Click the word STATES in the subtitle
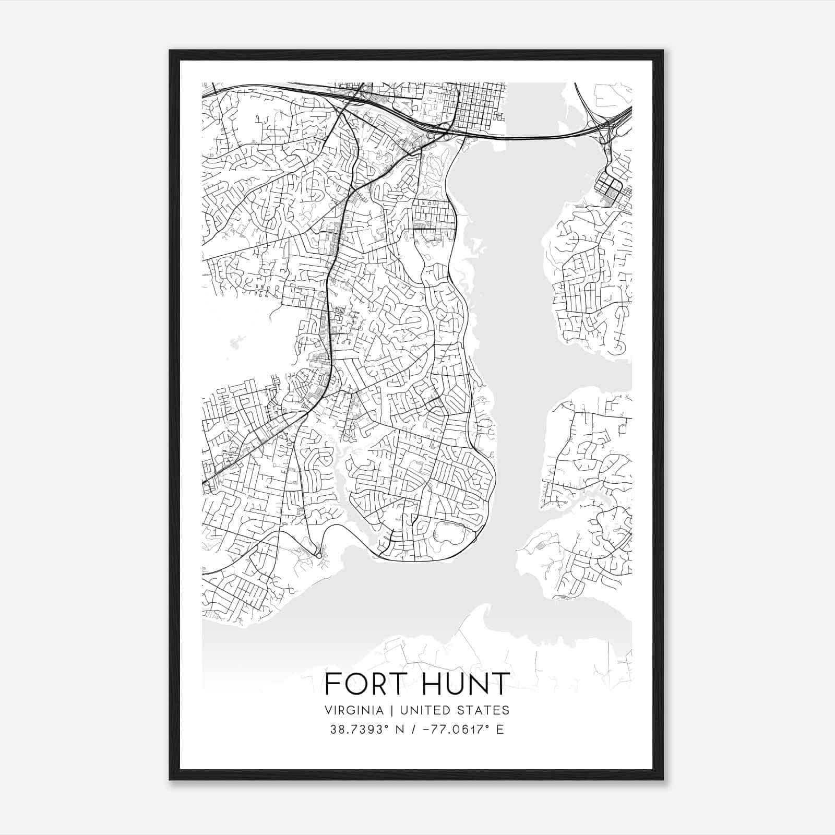tap(483, 710)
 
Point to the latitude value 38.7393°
tap(360, 730)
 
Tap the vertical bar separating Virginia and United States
tap(386, 710)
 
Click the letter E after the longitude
tap(500, 730)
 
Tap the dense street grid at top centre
tap(480, 107)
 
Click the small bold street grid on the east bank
tap(608, 186)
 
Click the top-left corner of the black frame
tap(170, 51)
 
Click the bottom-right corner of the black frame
tap(663, 779)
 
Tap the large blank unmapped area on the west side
tap(240, 334)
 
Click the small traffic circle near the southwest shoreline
tap(318, 556)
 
